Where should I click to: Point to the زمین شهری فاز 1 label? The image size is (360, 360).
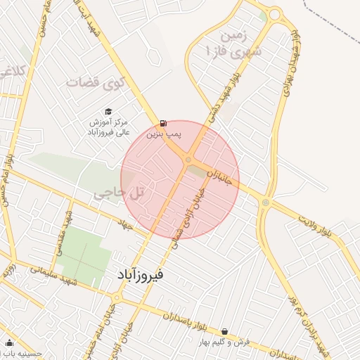[x=232, y=42]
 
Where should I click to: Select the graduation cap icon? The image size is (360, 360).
[x=108, y=111]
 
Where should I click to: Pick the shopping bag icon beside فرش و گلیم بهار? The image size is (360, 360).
[x=224, y=331]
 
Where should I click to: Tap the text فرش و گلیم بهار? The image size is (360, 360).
[x=224, y=342]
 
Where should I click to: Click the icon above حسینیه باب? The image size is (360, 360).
[x=9, y=343]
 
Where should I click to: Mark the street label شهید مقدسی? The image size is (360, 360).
[x=69, y=226]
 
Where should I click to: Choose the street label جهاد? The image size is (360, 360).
[x=126, y=225]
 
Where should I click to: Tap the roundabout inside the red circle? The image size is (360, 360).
[x=188, y=161]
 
